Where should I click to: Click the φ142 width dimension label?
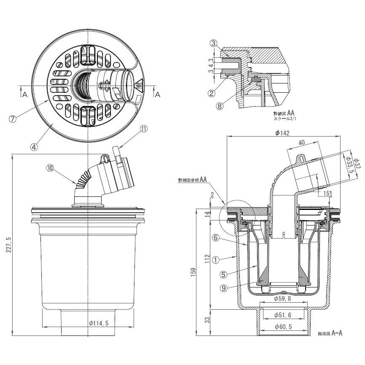[x=282, y=133]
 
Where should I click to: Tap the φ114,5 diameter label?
[x=100, y=323]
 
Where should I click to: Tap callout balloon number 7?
[x=12, y=118]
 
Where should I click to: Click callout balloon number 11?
[x=143, y=130]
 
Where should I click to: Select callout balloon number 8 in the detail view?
[x=219, y=106]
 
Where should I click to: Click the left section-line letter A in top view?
[x=25, y=95]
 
